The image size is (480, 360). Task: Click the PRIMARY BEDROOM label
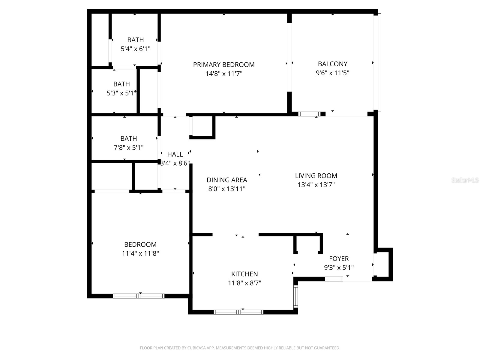pos(224,65)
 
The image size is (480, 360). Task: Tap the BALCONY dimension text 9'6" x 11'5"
pos(332,73)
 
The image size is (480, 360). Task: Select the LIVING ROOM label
pos(316,176)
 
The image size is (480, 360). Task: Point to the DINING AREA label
pos(227,180)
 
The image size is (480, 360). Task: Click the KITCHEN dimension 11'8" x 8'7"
pos(244,283)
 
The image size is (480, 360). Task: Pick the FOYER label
pos(339,259)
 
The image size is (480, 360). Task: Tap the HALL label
pos(175,154)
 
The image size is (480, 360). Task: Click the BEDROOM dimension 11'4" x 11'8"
pos(140,253)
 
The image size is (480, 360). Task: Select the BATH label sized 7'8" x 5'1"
pos(129,139)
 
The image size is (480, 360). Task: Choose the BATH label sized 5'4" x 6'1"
pos(136,40)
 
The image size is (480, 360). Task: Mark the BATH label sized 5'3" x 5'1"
pos(121,84)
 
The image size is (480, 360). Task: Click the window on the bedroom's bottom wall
pos(139,296)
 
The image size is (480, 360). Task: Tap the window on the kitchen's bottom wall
pos(238,312)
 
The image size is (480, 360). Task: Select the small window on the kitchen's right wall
pos(295,296)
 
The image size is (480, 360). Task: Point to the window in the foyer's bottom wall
pos(334,279)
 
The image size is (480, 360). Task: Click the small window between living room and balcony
pos(309,114)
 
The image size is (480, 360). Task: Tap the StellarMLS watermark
pos(465,180)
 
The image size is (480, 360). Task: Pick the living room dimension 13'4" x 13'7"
pos(316,185)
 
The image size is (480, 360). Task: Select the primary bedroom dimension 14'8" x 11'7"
pos(224,74)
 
